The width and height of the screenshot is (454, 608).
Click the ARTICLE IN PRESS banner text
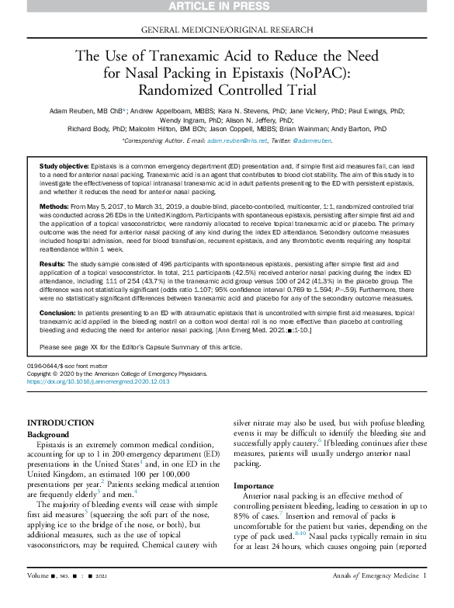pyautogui.click(x=227, y=8)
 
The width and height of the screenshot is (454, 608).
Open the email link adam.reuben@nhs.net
pyautogui.click(x=228, y=141)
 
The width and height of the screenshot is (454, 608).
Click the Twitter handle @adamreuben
pyautogui.click(x=314, y=141)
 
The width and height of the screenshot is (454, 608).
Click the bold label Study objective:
pyautogui.click(x=64, y=168)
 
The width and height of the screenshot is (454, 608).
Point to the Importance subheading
pyautogui.click(x=255, y=485)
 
